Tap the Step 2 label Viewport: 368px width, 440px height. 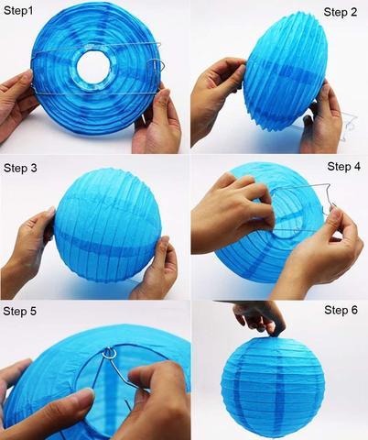(341, 12)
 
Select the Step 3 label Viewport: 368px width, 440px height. (20, 168)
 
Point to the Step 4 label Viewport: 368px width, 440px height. (345, 167)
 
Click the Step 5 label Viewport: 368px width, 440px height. (20, 312)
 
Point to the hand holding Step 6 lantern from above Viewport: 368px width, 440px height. (260, 317)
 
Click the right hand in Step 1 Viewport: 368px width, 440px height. (158, 119)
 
